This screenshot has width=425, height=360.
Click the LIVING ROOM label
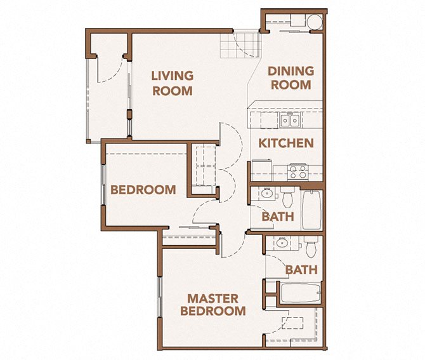172,83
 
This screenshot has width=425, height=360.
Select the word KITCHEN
286,143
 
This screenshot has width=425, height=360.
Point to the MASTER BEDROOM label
213,305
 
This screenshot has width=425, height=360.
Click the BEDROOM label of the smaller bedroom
143,189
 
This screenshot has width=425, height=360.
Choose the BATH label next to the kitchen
278,217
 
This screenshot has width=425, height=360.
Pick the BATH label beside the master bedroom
301,270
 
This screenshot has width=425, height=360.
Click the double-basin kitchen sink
291,119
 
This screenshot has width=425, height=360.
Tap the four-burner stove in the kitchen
297,171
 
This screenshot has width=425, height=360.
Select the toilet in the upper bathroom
288,198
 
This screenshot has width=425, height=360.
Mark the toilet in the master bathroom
310,245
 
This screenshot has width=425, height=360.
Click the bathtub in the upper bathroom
311,210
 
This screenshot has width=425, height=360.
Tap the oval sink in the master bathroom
281,243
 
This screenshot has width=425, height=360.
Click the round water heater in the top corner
312,22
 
